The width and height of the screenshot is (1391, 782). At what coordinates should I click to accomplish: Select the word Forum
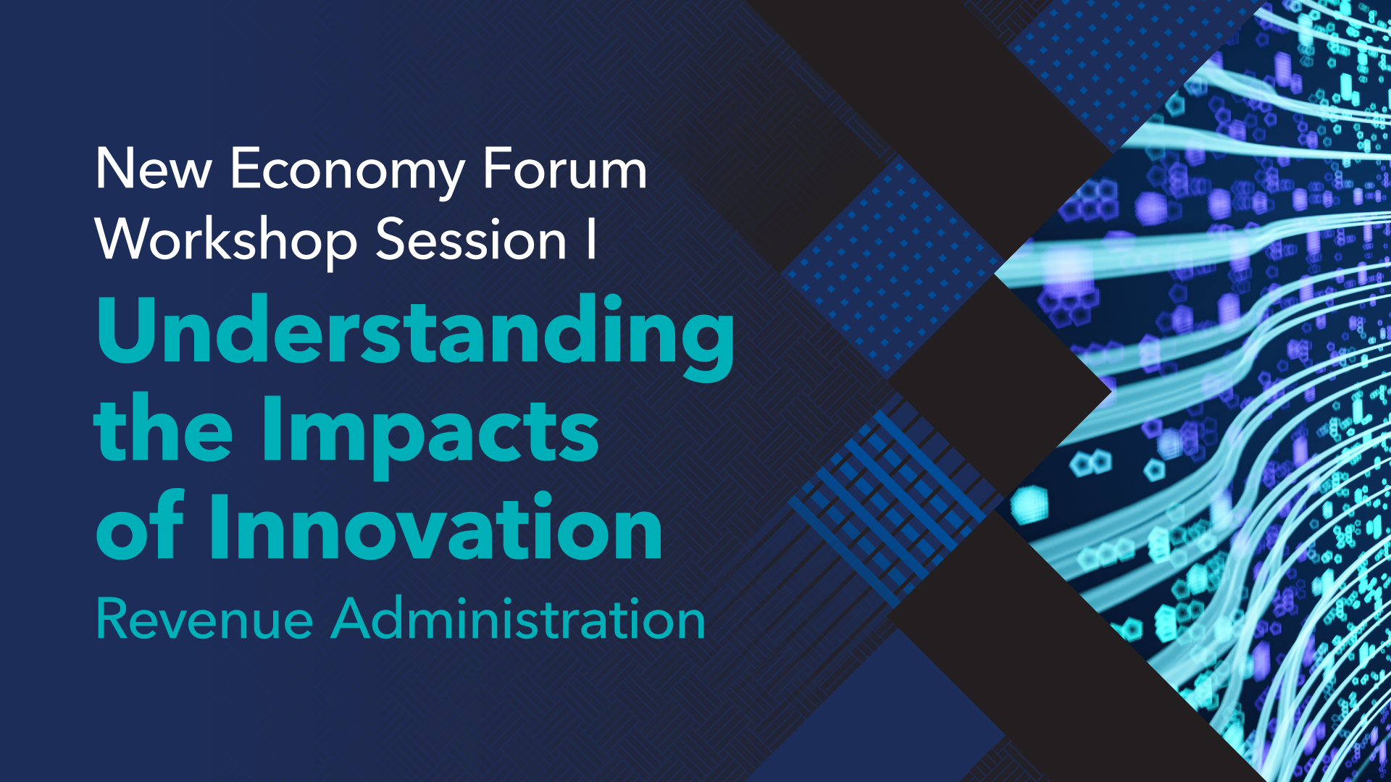point(564,169)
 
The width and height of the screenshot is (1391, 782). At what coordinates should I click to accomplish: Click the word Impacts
point(430,432)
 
